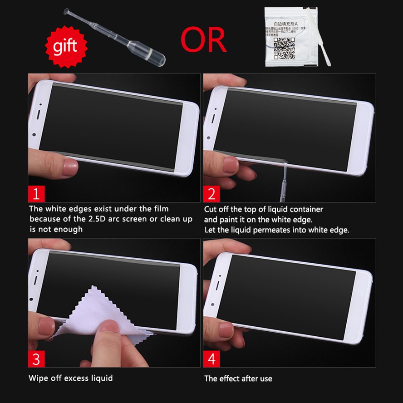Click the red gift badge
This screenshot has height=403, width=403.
65,46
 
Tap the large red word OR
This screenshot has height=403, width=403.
204,39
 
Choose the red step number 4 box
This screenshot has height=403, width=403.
211,359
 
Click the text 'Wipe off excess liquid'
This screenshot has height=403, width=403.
71,378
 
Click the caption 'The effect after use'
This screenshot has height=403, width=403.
238,378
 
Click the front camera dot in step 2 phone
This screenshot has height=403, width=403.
208,137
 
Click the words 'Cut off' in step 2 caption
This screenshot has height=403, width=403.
216,209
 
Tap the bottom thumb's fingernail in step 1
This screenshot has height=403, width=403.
70,167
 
